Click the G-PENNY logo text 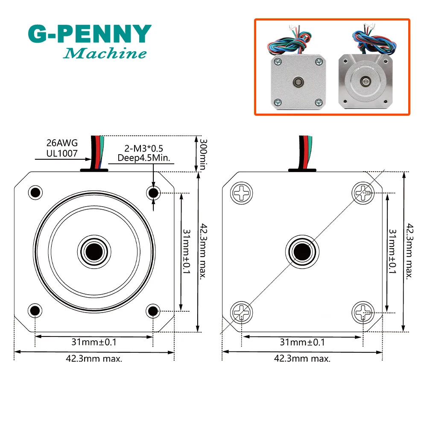pos(90,34)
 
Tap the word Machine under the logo pos(105,53)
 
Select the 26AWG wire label pos(62,143)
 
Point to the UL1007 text pos(62,153)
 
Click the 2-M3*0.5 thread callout pos(144,149)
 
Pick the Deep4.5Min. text pos(144,158)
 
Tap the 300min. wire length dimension pos(203,155)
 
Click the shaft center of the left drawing pos(94,252)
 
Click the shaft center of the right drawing pos(302,252)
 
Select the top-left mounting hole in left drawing pos(35,193)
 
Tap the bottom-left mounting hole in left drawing pos(35,310)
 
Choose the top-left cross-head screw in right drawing pos(242,193)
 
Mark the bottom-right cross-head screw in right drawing pos(363,313)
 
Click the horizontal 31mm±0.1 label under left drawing pos(94,342)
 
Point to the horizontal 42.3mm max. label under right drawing pos(302,358)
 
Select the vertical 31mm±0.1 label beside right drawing pos(392,251)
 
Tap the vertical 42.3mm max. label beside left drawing pos(203,251)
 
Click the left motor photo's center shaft pos(298,82)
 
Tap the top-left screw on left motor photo pos(278,61)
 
